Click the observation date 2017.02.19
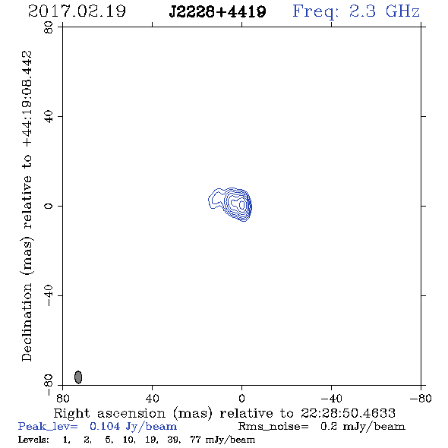coord(77,11)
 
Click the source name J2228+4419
coord(217,12)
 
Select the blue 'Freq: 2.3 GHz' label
coord(356,11)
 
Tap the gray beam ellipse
coord(78,377)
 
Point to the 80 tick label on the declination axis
coord(49,27)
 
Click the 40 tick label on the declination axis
coord(49,117)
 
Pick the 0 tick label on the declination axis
coord(49,206)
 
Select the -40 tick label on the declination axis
coord(49,295)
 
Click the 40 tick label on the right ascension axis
coord(152,399)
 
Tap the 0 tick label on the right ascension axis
coord(241,399)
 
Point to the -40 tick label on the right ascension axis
coord(331,399)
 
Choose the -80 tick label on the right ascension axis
coord(421,399)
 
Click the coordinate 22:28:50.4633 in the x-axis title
coord(348,413)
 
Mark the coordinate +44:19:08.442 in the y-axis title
coord(27,99)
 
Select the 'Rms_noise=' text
coord(273,427)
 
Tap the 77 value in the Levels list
coord(196,439)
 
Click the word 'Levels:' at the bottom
coord(33,439)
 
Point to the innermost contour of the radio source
coord(242,204)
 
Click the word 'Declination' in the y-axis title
coord(27,322)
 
